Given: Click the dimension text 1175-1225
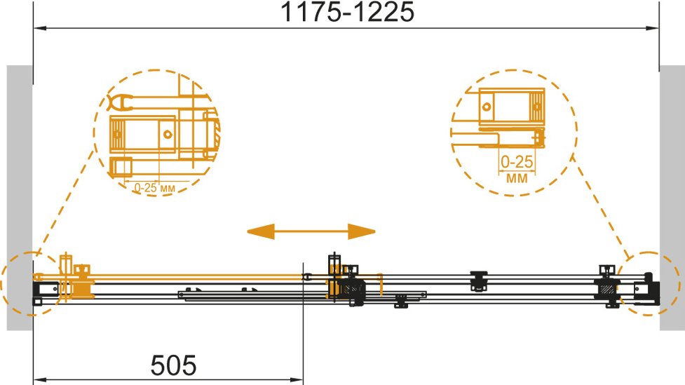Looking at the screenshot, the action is point(347,12).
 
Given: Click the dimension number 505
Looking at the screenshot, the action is point(173,365).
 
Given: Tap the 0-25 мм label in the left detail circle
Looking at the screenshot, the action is point(154,188).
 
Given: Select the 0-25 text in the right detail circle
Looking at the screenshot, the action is point(517,162).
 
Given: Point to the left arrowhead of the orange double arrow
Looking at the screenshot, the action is point(261,231).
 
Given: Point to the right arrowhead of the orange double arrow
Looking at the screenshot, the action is point(362,231).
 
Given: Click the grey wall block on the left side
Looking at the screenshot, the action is point(20,198).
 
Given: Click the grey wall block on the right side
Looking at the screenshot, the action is point(672,198).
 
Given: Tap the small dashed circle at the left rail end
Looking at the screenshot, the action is point(3,284).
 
